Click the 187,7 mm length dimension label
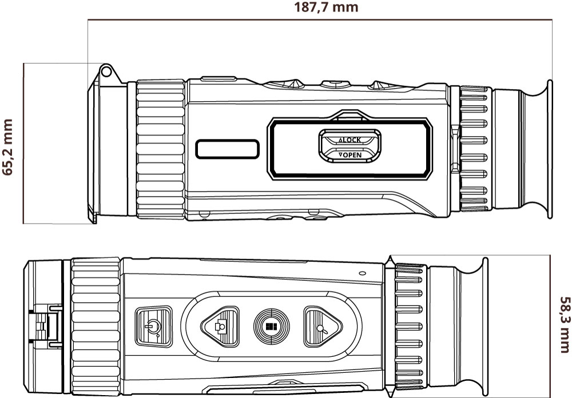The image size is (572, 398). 326,7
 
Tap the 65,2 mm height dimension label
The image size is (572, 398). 8,148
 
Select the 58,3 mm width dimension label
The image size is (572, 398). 565,324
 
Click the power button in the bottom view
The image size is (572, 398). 153,327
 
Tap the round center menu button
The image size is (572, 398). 271,327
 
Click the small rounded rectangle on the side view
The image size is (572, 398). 227,149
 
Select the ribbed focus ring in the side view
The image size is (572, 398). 161,150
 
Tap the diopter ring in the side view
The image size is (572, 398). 474,150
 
